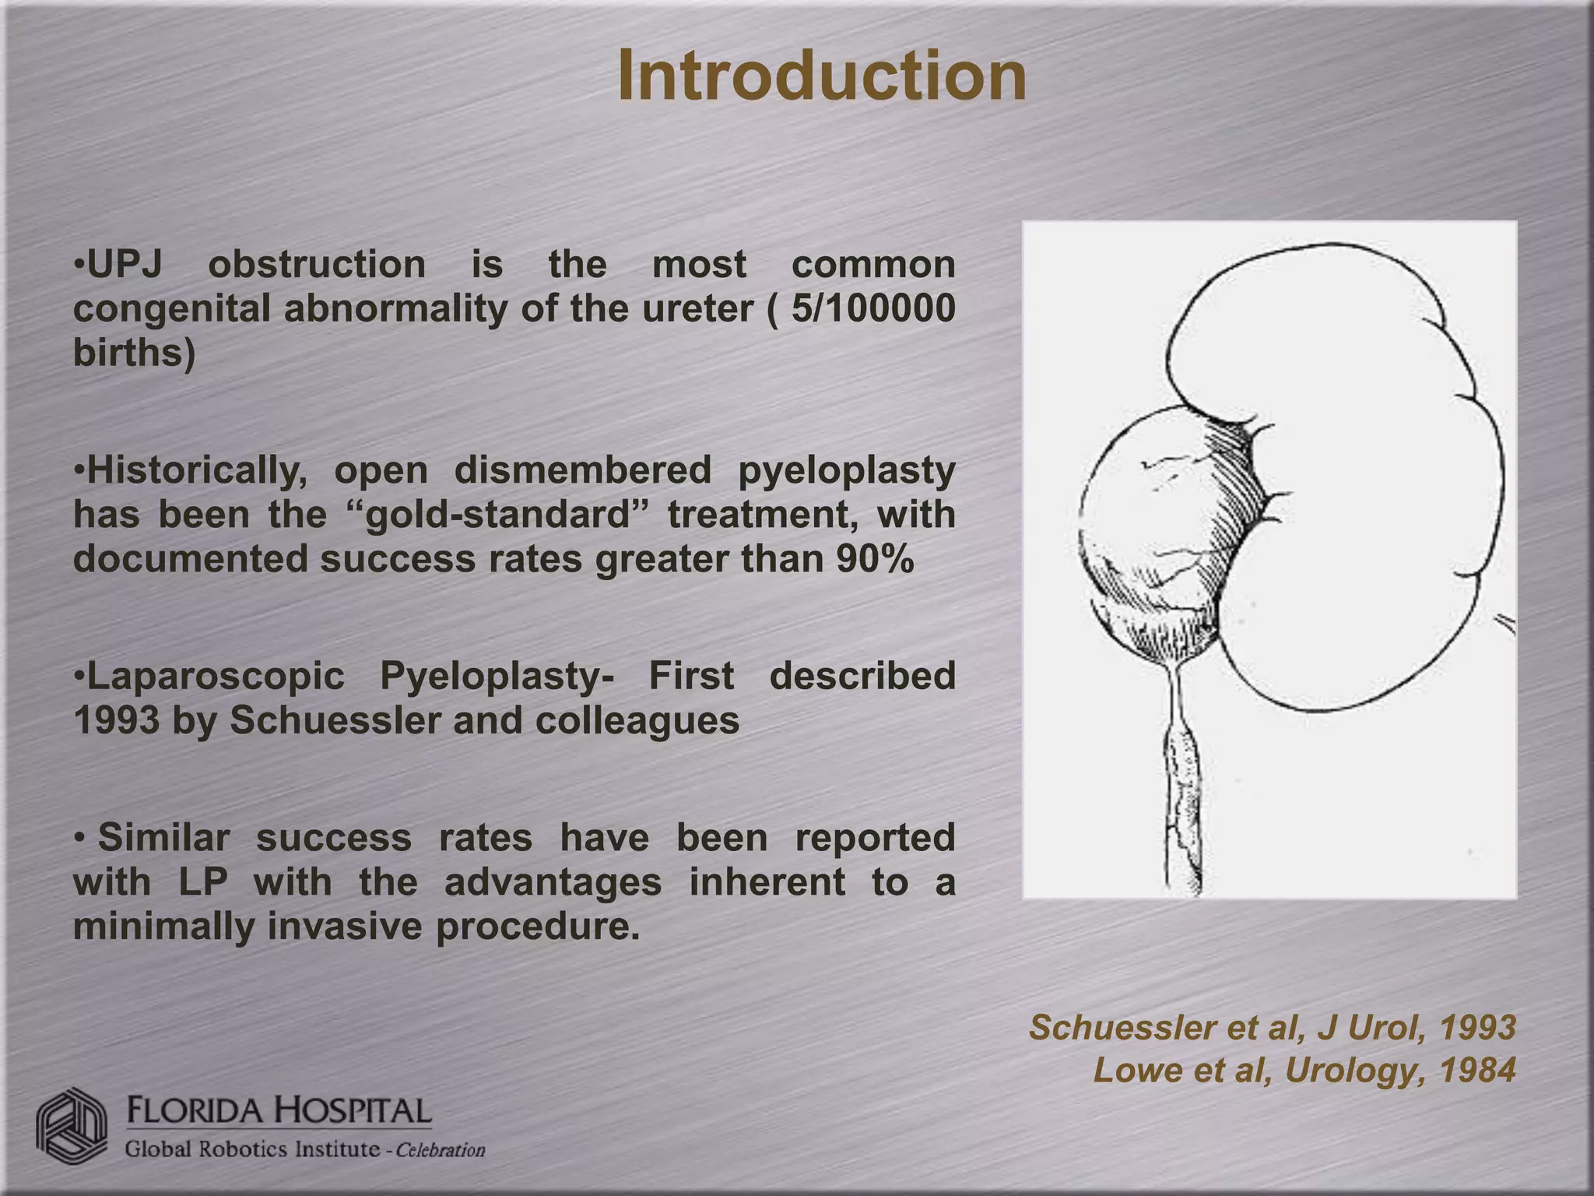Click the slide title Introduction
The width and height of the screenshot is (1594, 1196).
822,76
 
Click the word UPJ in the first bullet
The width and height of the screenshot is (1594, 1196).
125,264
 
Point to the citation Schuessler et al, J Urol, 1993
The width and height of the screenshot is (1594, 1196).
1272,1028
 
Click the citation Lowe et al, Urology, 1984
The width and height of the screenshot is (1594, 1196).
1304,1071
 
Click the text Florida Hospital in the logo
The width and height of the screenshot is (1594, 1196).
279,1110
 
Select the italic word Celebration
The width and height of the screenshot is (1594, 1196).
441,1150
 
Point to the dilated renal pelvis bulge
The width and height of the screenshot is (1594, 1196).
1144,529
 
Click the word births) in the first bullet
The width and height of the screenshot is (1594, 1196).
134,354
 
